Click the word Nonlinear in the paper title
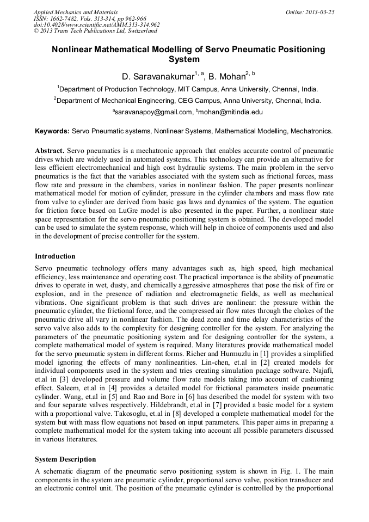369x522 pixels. tap(75, 50)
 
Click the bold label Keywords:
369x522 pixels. tap(52, 131)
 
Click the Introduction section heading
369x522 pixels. tap(55, 256)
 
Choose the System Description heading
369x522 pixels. tap(65, 459)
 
